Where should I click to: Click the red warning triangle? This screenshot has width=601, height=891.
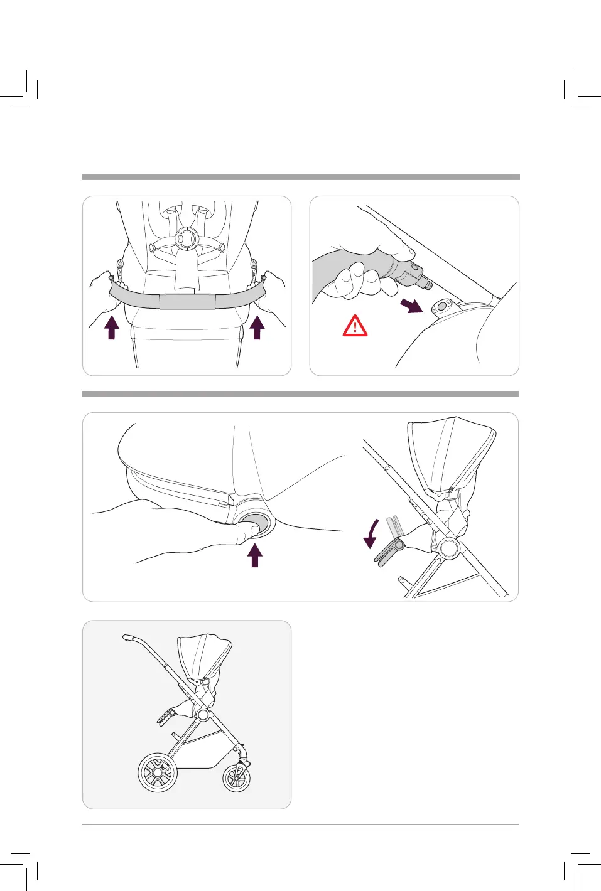tap(355, 326)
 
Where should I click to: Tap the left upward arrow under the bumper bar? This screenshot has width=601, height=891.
tap(112, 327)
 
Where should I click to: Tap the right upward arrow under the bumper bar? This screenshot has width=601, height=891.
tap(257, 327)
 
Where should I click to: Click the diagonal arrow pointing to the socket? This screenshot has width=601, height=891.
tap(412, 305)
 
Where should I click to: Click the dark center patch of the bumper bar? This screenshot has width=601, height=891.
tap(187, 301)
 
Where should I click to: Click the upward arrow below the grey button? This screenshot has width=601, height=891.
tap(254, 555)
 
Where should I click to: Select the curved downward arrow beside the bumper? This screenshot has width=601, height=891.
tap(372, 533)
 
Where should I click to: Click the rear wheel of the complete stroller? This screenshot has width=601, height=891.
tap(158, 771)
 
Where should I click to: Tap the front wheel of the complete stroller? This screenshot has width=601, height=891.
tap(237, 778)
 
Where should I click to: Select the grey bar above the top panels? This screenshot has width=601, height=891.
tap(301, 177)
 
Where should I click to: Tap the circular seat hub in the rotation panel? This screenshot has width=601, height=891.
tap(450, 547)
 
